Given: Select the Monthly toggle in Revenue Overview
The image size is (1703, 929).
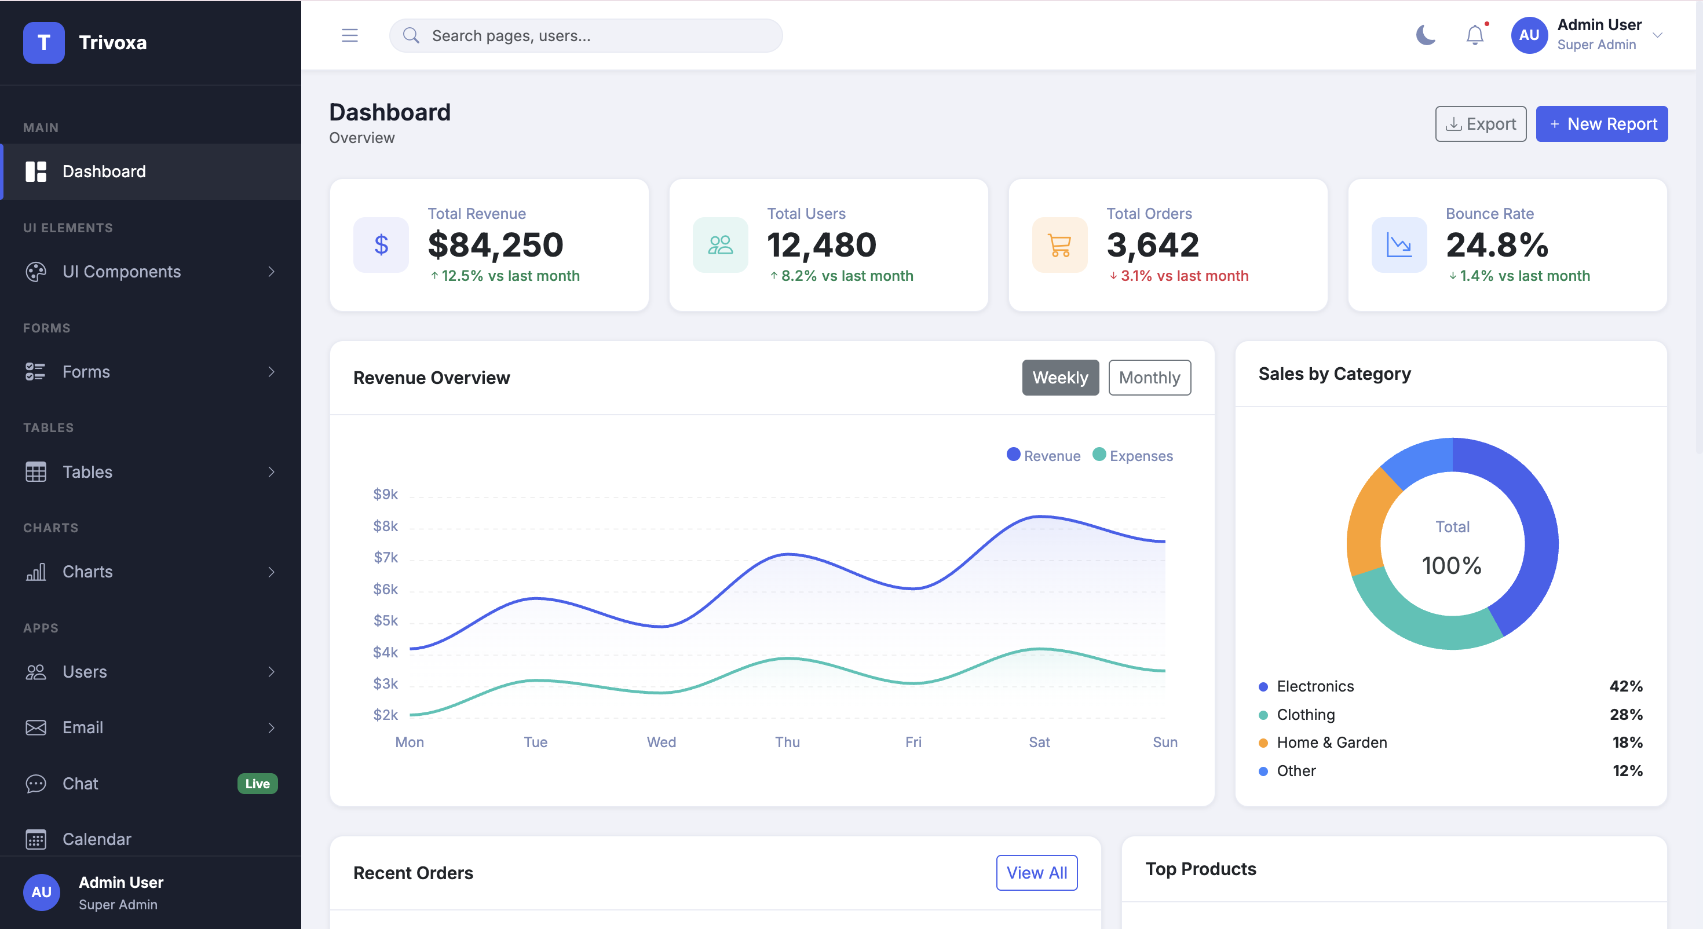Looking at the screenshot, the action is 1149,378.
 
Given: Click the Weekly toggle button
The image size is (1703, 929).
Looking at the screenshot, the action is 1060,378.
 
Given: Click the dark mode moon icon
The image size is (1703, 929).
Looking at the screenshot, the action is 1426,35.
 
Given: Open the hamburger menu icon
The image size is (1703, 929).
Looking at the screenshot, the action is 350,35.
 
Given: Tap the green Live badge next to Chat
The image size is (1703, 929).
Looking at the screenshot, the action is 257,784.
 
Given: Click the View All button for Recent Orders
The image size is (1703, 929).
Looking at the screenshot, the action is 1037,873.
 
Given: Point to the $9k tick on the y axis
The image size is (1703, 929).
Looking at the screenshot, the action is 385,494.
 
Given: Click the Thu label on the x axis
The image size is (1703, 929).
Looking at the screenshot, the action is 787,742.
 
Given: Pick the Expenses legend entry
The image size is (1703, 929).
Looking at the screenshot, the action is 1133,456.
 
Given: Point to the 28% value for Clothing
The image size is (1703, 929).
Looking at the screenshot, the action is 1625,714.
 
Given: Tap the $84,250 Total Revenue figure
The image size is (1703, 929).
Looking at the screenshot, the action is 496,244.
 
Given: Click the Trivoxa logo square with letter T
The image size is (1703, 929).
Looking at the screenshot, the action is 43,42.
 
